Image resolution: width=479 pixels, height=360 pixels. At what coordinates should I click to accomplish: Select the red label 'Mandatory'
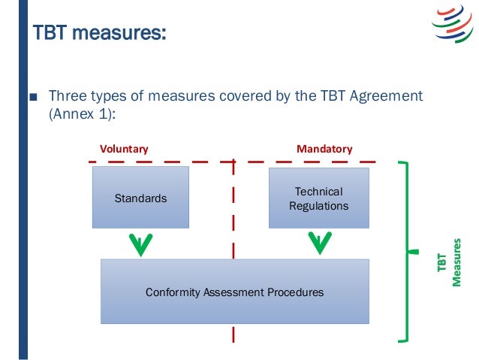tap(324, 149)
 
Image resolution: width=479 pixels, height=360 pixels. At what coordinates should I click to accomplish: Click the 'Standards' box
tap(140, 198)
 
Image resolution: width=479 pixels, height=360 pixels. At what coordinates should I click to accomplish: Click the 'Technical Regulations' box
tap(319, 198)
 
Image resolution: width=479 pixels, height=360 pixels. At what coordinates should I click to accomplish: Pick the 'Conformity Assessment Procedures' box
tap(234, 292)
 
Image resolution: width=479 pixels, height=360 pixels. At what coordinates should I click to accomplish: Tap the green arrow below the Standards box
tap(140, 243)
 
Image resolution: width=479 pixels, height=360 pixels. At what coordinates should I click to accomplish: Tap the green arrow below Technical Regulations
tap(319, 243)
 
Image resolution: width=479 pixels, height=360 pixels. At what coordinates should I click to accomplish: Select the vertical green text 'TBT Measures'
tap(447, 262)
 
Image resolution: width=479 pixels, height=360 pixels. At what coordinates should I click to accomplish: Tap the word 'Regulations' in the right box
tap(319, 206)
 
